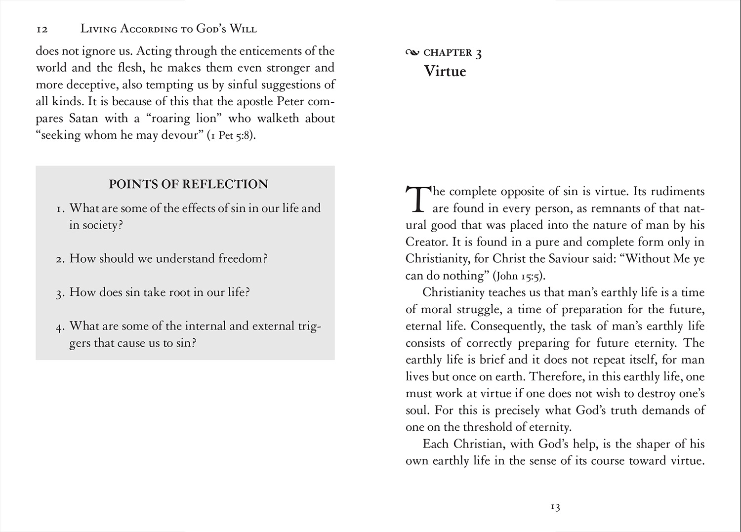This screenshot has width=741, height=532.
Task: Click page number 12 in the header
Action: pyautogui.click(x=42, y=30)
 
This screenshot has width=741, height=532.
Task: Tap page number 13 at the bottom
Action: pyautogui.click(x=555, y=507)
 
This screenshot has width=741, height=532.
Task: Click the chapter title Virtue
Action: pyautogui.click(x=445, y=72)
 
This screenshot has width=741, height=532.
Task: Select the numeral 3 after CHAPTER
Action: pyautogui.click(x=478, y=54)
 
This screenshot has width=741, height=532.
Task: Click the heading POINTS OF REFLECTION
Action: pyautogui.click(x=188, y=184)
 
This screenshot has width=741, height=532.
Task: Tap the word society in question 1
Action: pyautogui.click(x=102, y=225)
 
